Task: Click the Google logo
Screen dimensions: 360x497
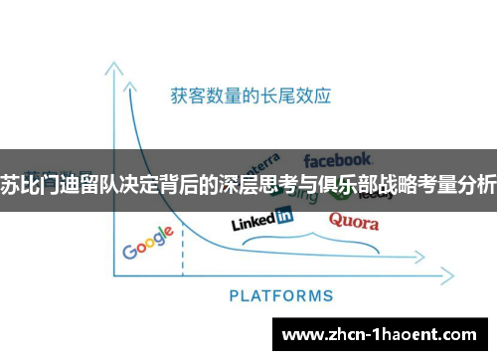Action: [148, 243]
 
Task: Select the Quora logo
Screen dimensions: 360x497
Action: [354, 220]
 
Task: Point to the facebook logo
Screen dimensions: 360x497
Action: [338, 159]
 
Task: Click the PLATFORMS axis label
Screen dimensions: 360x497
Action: [281, 295]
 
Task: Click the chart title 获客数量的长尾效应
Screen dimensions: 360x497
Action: [249, 96]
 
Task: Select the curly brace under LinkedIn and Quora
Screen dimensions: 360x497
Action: [311, 240]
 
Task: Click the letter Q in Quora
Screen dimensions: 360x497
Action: [335, 220]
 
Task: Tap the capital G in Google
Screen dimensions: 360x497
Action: [130, 250]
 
